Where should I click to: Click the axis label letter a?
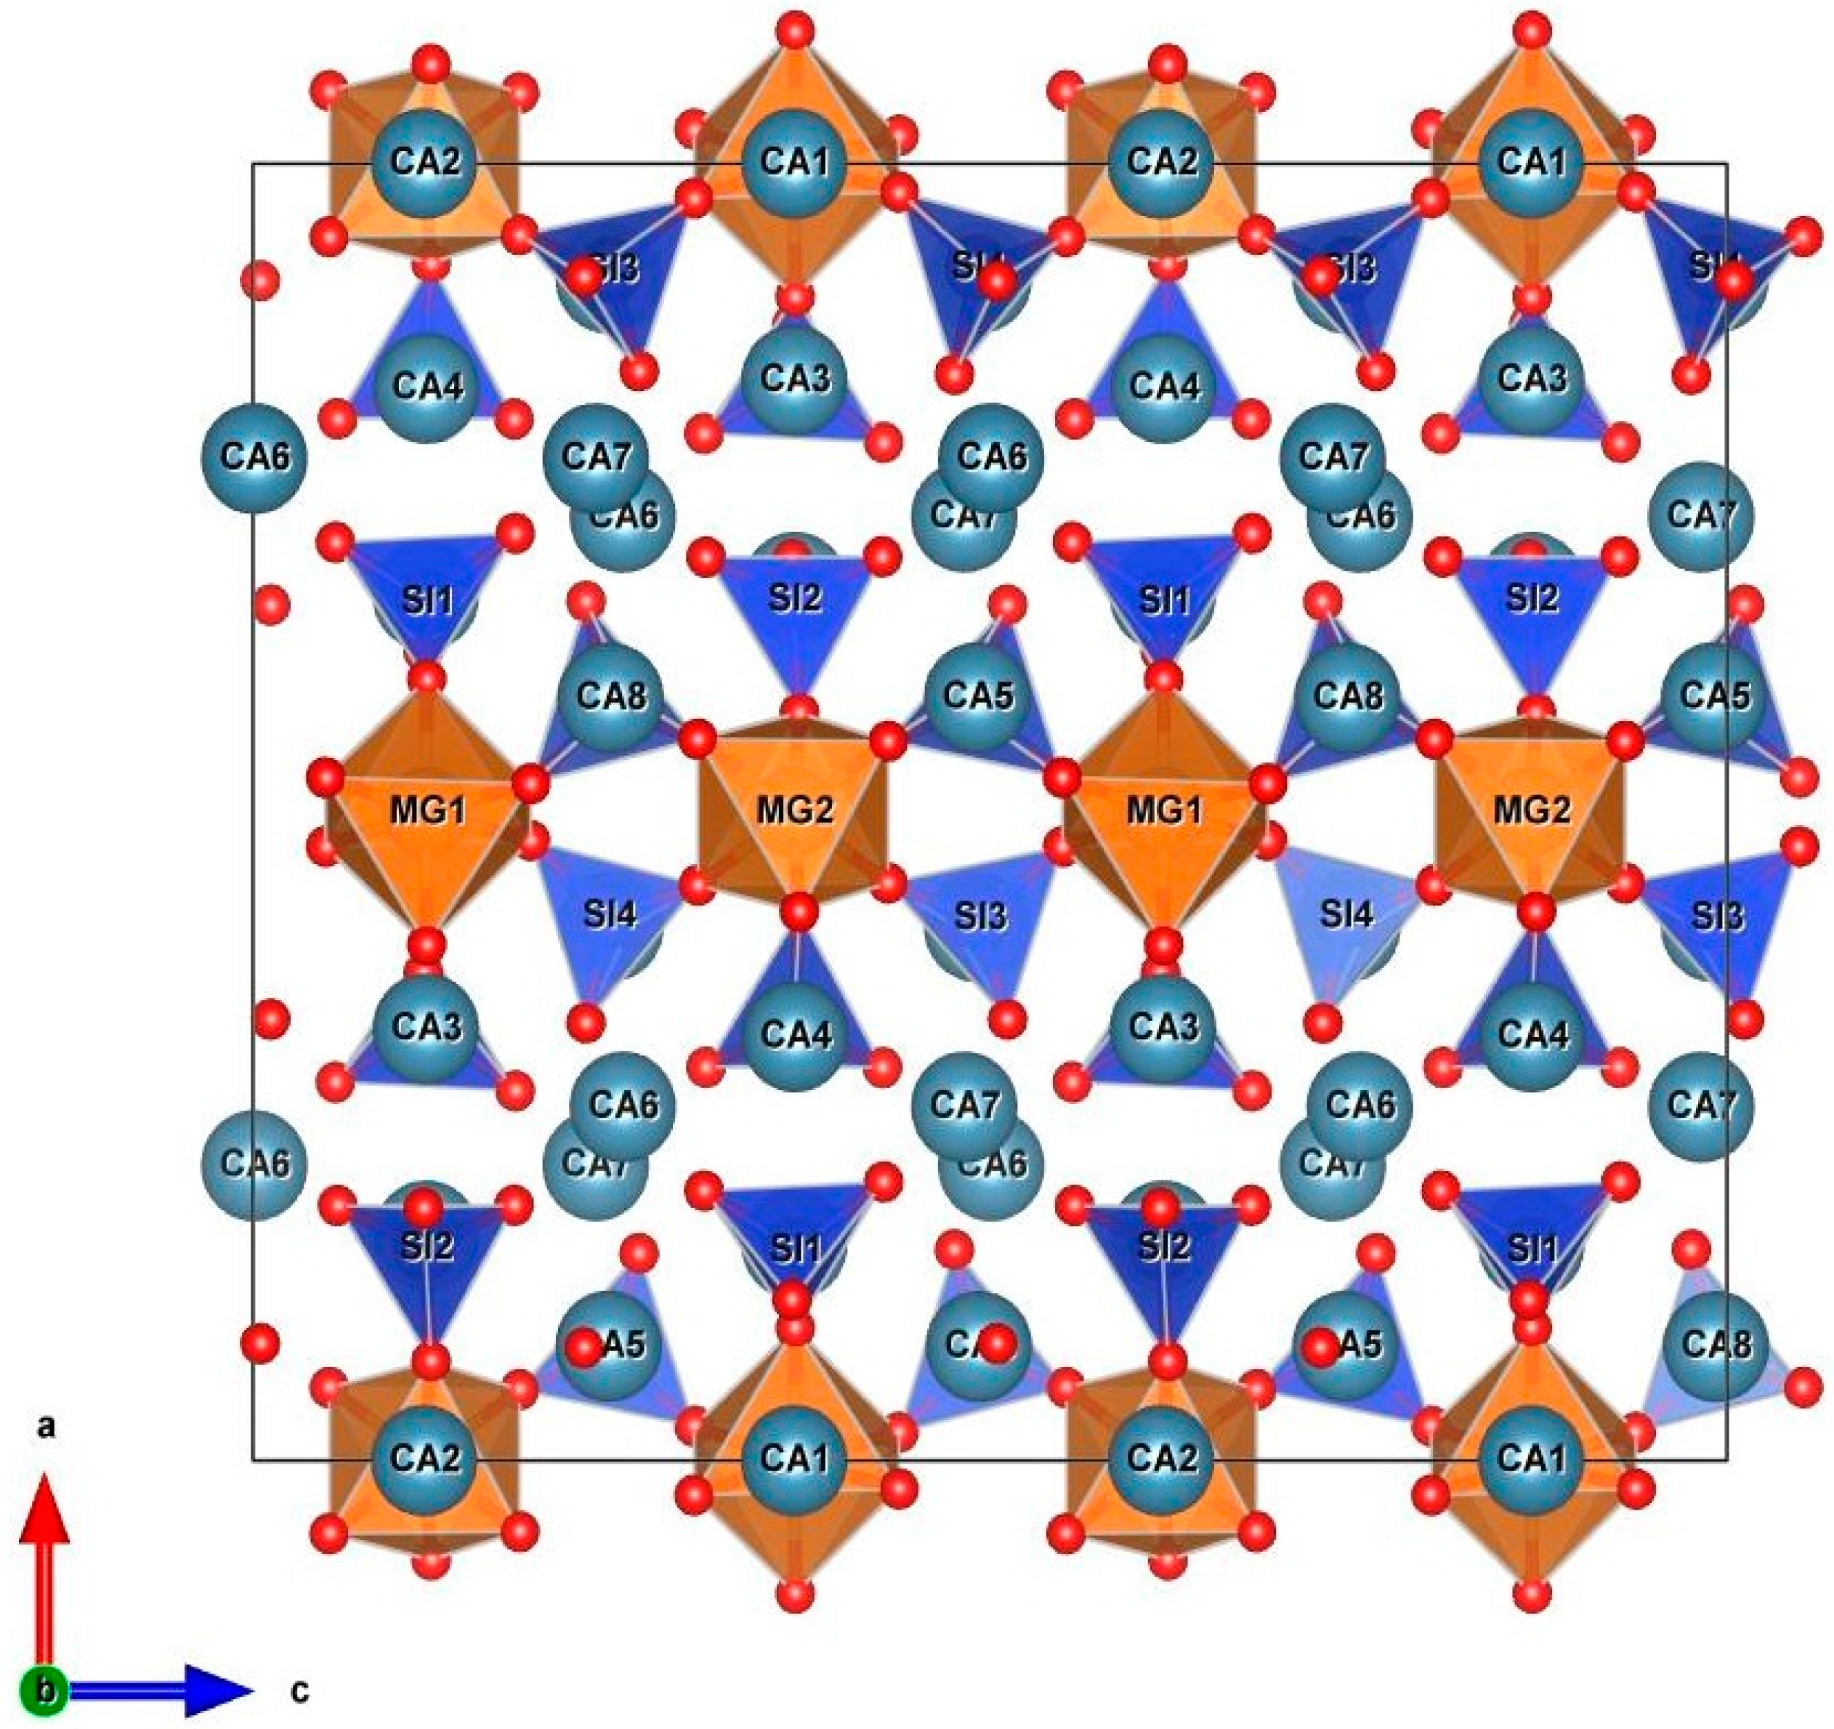point(45,1427)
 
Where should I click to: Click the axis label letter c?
point(299,1691)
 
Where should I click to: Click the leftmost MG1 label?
point(428,811)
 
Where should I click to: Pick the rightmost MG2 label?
point(1532,811)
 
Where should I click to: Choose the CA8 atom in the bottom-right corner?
point(1715,1343)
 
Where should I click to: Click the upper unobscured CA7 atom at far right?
point(1698,515)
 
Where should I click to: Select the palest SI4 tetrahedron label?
point(1347,915)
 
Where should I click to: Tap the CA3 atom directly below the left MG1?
point(427,1026)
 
